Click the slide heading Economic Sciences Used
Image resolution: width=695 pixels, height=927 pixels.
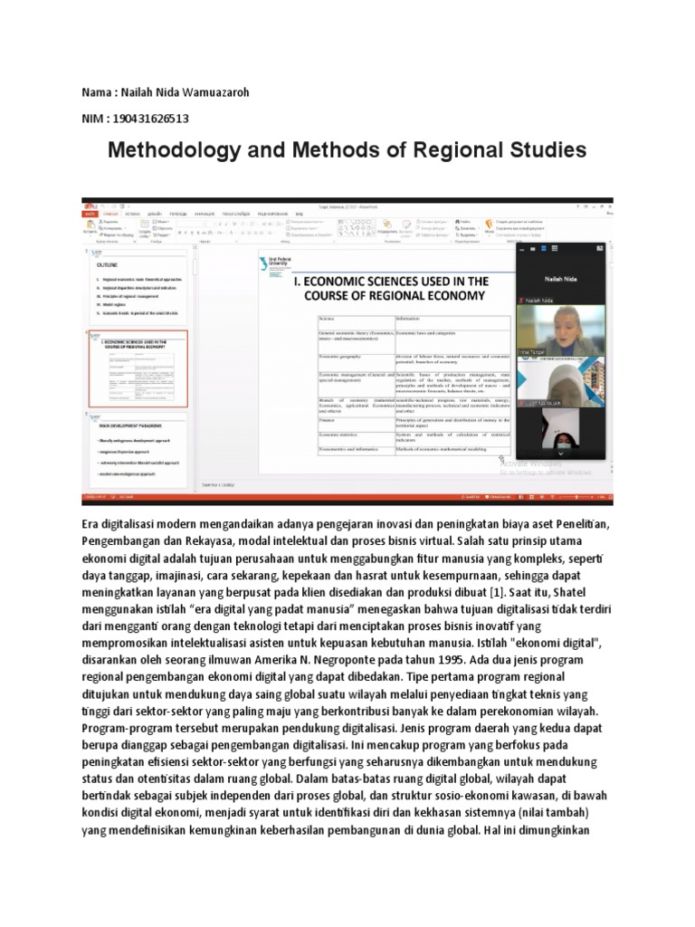click(390, 289)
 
